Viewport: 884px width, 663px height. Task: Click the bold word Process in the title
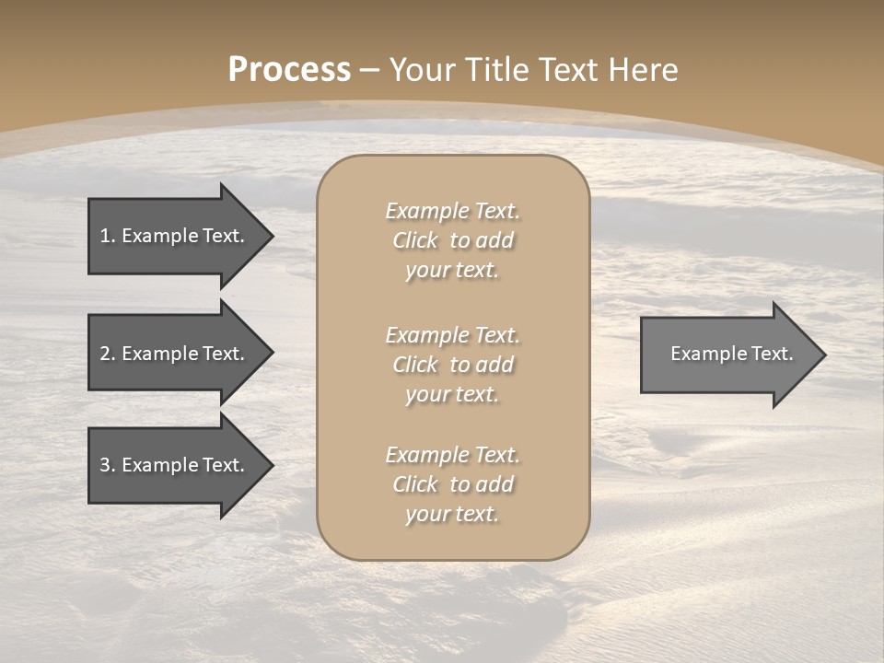[289, 70]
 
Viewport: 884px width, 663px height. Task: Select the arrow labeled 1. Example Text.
[175, 236]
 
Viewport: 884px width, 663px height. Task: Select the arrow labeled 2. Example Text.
[175, 354]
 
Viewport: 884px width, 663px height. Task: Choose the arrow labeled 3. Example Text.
[175, 465]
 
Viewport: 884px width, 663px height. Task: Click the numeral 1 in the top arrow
[105, 236]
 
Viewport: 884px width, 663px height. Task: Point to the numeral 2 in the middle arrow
[105, 354]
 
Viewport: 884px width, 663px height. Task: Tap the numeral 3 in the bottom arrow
[105, 465]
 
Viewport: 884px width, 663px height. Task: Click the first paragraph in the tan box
[452, 240]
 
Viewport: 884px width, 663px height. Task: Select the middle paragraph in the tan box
[452, 365]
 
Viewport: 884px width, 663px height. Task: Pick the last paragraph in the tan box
[452, 484]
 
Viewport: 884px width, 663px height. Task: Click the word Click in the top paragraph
[415, 240]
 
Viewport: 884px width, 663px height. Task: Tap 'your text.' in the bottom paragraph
[452, 514]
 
